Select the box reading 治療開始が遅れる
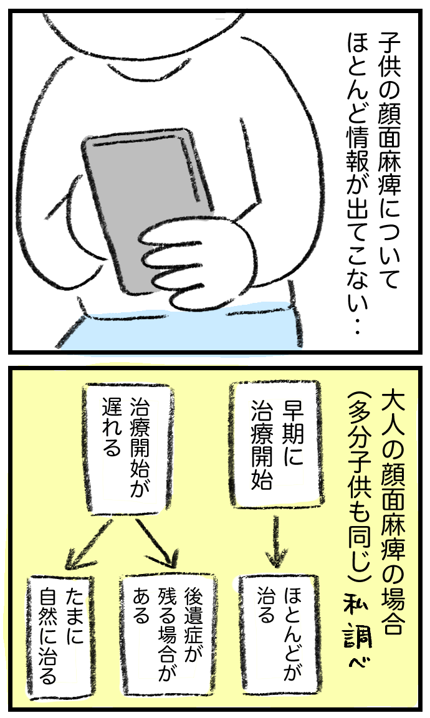129,449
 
